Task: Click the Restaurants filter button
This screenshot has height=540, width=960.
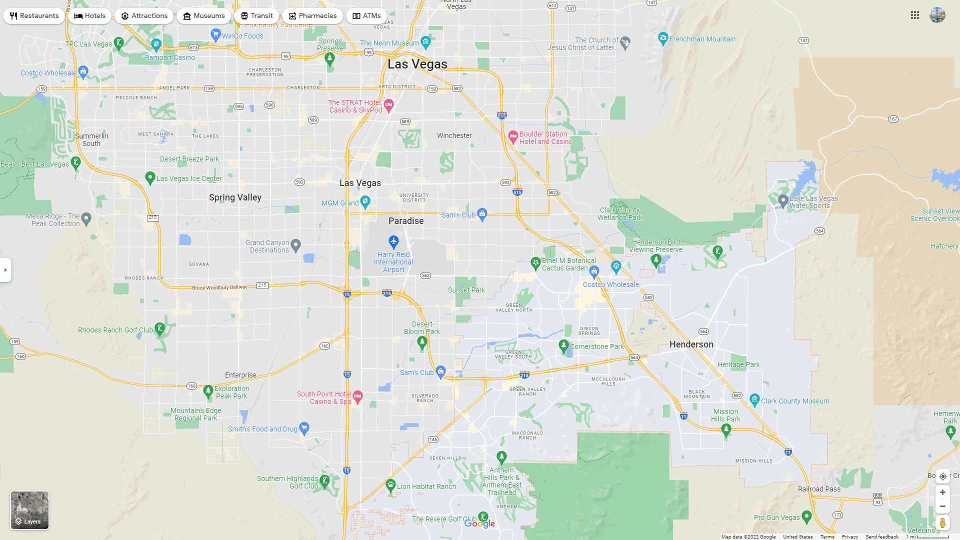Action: [x=34, y=16]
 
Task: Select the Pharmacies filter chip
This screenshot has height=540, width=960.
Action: [x=312, y=16]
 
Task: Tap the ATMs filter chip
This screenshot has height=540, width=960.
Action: [x=366, y=16]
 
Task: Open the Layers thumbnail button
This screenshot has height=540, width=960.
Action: [x=30, y=510]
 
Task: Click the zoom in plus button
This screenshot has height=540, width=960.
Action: [x=942, y=492]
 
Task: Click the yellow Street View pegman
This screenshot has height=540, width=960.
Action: [x=942, y=523]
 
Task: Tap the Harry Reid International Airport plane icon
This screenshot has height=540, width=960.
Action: [x=393, y=242]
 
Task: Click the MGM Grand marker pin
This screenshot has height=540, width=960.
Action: [x=365, y=202]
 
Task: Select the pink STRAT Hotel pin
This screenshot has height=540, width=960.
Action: [x=389, y=105]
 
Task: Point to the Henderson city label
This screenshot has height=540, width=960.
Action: [x=691, y=344]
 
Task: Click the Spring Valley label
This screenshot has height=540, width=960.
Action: [x=235, y=197]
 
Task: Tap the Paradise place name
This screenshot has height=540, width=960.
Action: [x=406, y=221]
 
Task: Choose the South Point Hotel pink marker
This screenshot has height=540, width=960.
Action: [x=357, y=397]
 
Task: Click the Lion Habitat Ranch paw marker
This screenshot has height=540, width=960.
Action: [x=390, y=484]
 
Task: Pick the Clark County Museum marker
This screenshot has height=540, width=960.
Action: [x=754, y=399]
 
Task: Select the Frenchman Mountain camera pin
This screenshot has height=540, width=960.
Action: [x=663, y=38]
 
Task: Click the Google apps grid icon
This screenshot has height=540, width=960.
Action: [x=915, y=15]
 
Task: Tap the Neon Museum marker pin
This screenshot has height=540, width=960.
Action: [x=425, y=41]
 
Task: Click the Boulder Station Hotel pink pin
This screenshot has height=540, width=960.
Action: [x=512, y=136]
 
